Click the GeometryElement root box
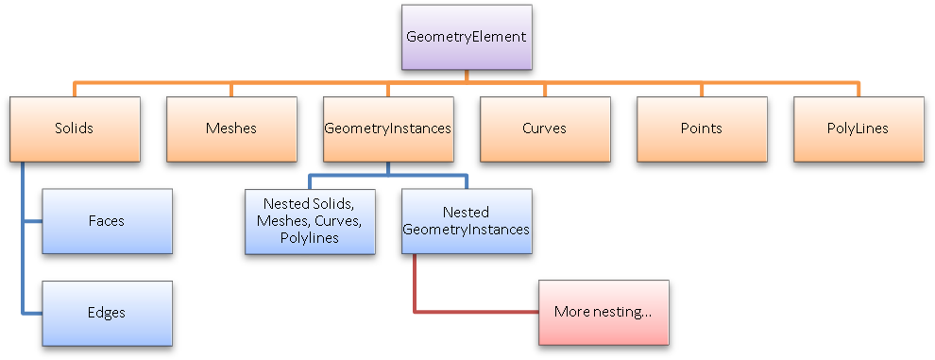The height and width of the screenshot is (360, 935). click(x=466, y=37)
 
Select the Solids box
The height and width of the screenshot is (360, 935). click(x=74, y=129)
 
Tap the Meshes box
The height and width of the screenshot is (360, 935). click(x=230, y=129)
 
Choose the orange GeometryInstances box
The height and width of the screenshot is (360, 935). click(x=387, y=129)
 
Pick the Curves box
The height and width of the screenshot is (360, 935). click(x=544, y=129)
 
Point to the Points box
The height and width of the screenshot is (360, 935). click(x=700, y=129)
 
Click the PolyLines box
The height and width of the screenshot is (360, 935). click(x=857, y=129)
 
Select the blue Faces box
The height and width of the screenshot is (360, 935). click(x=108, y=221)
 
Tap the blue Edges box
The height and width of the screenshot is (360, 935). click(x=108, y=313)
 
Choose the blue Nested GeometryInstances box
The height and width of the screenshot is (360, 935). click(x=466, y=221)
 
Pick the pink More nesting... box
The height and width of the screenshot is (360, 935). click(x=603, y=312)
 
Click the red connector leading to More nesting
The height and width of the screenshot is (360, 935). click(x=472, y=311)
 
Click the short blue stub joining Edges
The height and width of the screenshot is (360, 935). click(x=33, y=312)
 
